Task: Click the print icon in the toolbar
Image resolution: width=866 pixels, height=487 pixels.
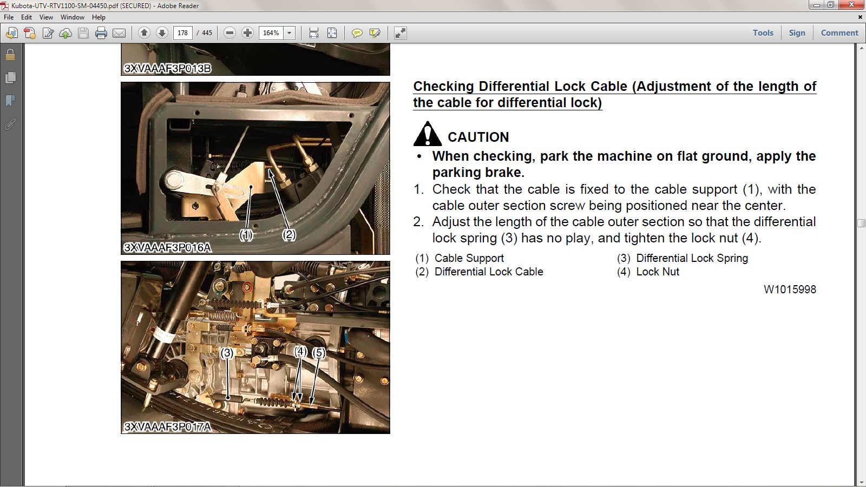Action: (x=101, y=33)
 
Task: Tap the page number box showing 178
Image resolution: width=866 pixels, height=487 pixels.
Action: (x=182, y=33)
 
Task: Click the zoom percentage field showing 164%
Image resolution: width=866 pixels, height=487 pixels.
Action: (x=271, y=33)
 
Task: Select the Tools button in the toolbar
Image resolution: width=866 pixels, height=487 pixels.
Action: (x=763, y=33)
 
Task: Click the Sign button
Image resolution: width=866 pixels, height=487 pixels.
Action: (x=797, y=33)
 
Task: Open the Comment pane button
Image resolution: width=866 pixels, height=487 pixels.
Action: (x=839, y=33)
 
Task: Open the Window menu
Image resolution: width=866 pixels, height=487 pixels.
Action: (x=73, y=17)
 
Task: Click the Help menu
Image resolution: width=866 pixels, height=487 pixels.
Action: (x=99, y=17)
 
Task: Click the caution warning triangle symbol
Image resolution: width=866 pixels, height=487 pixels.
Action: (x=427, y=134)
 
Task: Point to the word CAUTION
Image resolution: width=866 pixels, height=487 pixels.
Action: (x=478, y=137)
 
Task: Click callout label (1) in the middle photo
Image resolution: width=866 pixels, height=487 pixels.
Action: (x=246, y=235)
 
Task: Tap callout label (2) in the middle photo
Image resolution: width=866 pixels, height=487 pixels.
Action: (x=289, y=235)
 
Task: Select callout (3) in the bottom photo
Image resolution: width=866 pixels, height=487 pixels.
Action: (x=227, y=352)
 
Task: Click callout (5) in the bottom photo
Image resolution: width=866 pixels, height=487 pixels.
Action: (x=319, y=352)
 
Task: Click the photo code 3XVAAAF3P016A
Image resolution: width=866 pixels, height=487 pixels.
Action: (x=167, y=247)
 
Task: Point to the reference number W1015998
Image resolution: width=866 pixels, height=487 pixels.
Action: (x=790, y=289)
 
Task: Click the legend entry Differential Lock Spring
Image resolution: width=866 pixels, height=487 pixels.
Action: (x=692, y=258)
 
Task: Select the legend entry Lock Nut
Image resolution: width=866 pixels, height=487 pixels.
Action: (x=658, y=272)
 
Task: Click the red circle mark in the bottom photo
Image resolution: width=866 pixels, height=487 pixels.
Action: (x=247, y=287)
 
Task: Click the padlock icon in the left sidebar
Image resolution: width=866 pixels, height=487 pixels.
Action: (x=10, y=55)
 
